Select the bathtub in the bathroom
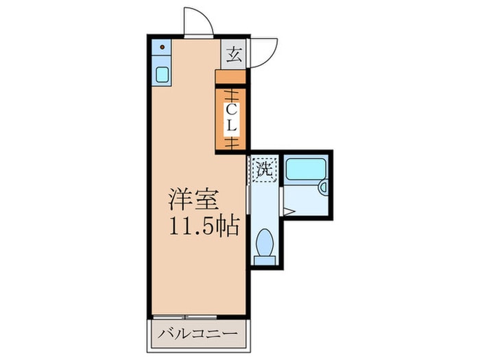306,169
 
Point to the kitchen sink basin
163,74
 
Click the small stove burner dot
163,48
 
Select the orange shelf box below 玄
232,76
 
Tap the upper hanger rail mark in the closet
232,94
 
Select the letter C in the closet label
232,109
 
